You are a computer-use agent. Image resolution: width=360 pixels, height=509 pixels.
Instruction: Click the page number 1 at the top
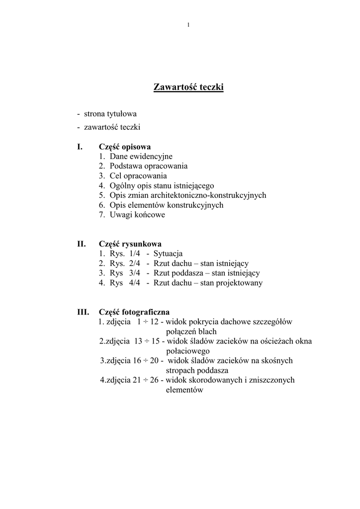click(188, 25)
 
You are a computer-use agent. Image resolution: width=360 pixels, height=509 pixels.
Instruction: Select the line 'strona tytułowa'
click(110, 114)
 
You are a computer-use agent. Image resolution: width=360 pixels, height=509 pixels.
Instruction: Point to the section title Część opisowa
click(125, 147)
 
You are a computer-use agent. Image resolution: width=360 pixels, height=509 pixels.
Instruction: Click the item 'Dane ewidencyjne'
click(141, 156)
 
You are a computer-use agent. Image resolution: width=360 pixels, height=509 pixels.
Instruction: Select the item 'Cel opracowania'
click(138, 175)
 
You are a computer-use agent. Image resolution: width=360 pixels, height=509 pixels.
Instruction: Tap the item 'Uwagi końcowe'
click(137, 215)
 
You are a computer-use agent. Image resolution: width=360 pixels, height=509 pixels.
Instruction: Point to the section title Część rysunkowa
click(130, 244)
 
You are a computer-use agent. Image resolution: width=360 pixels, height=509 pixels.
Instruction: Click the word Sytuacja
click(168, 254)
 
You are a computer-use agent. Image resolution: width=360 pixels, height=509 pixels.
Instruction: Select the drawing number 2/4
click(135, 263)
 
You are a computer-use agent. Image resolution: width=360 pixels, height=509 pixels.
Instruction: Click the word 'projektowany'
click(240, 283)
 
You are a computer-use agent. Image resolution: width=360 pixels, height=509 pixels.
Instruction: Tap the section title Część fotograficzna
click(134, 312)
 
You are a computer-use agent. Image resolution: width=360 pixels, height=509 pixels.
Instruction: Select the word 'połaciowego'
click(187, 351)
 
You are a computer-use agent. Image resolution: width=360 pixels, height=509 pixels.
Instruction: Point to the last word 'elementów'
click(184, 390)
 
